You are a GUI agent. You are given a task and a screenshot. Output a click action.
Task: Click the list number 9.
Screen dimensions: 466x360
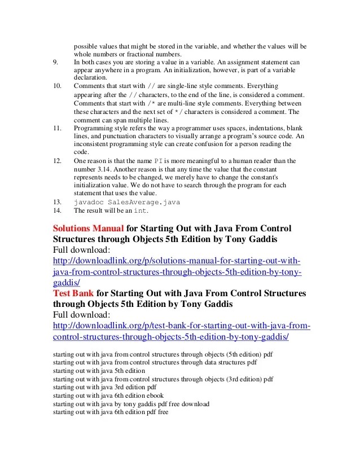point(55,61)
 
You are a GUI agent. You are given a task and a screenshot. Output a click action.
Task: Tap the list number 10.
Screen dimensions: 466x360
point(56,86)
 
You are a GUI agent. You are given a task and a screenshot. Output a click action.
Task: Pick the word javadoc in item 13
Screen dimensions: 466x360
point(87,201)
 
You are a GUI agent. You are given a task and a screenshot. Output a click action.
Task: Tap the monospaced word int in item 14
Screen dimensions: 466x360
point(139,210)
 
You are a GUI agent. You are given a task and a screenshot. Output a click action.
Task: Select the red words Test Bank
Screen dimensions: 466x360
point(73,294)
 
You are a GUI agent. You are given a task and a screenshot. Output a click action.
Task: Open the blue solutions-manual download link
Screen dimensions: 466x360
point(176,272)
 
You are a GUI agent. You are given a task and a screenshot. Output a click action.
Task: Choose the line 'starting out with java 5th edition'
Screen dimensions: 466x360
point(99,371)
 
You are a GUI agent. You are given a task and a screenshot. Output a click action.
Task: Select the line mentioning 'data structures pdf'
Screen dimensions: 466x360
point(155,362)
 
